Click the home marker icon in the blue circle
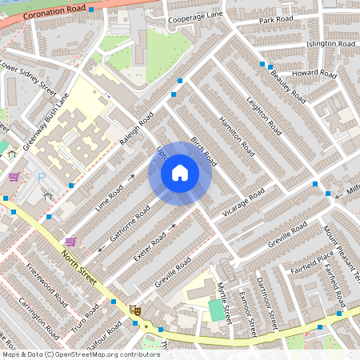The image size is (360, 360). pos(180,173)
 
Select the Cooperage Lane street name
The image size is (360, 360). pos(195,14)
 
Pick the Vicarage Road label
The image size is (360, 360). pos(244,203)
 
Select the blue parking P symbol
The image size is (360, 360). pos(41,178)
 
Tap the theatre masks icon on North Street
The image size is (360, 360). pos(134,307)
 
